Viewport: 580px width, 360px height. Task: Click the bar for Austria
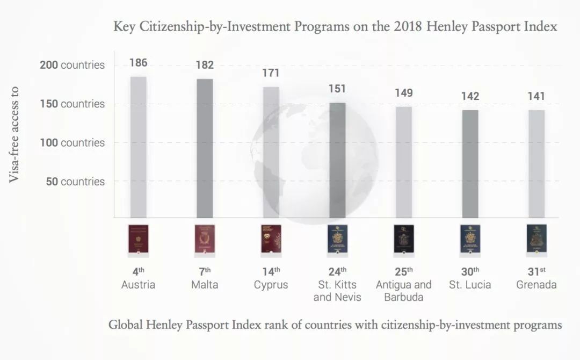point(139,147)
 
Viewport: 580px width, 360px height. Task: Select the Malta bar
point(205,148)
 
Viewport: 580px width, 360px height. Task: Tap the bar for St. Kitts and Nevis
point(337,160)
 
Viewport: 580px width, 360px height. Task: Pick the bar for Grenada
point(536,164)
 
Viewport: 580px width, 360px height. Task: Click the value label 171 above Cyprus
point(271,73)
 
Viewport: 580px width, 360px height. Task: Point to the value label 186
point(139,63)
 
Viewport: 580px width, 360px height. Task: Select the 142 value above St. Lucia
point(470,96)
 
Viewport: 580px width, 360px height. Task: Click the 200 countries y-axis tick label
point(72,65)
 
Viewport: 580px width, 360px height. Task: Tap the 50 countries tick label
point(75,181)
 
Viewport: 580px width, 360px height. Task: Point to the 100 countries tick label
point(72,142)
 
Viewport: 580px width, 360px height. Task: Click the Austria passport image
point(139,240)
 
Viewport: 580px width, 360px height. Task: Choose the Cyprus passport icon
point(271,240)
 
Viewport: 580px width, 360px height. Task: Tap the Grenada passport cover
point(536,240)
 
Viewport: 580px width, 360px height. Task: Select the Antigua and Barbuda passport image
point(404,240)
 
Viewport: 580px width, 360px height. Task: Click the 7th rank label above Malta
point(205,271)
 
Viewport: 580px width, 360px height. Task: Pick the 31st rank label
point(536,271)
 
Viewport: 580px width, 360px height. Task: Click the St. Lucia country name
point(470,285)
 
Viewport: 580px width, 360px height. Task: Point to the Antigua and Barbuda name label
point(403,291)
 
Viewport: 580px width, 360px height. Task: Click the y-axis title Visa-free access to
point(14,134)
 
